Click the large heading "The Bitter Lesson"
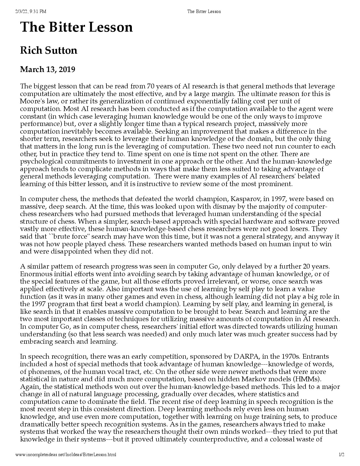pos(76,27)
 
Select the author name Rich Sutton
pos(49,51)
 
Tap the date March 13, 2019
pos(47,69)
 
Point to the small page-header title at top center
pos(204,12)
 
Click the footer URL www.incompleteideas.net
pos(65,454)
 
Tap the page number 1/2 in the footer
pos(342,454)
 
